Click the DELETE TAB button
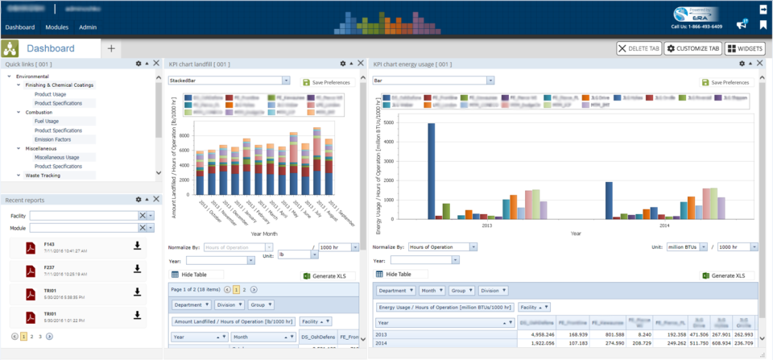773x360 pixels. click(639, 48)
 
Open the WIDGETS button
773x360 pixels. click(745, 48)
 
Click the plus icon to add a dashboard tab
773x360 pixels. click(111, 48)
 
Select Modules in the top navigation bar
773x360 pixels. click(57, 27)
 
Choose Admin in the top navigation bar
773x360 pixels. click(88, 27)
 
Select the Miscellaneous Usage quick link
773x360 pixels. click(56, 158)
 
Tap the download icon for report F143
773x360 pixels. click(137, 246)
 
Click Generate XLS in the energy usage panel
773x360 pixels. click(724, 275)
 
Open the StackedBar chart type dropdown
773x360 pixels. click(229, 81)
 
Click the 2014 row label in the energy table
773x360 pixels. click(382, 343)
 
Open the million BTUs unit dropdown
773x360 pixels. click(688, 247)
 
